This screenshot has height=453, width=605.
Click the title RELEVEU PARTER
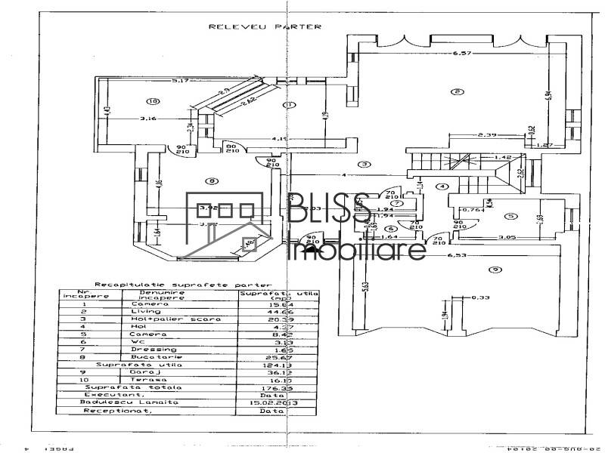pos(265,26)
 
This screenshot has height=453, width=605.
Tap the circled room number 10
pos(154,100)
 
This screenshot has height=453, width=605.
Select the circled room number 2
pos(457,92)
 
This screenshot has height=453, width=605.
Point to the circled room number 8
pos(212,180)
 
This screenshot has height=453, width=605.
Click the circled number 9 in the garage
pos(494,270)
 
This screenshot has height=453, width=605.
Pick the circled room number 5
pos(510,216)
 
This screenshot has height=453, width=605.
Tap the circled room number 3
pos(364,164)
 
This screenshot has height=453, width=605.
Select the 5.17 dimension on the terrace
pos(179,80)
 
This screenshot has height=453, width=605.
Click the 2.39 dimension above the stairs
pos(486,135)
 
